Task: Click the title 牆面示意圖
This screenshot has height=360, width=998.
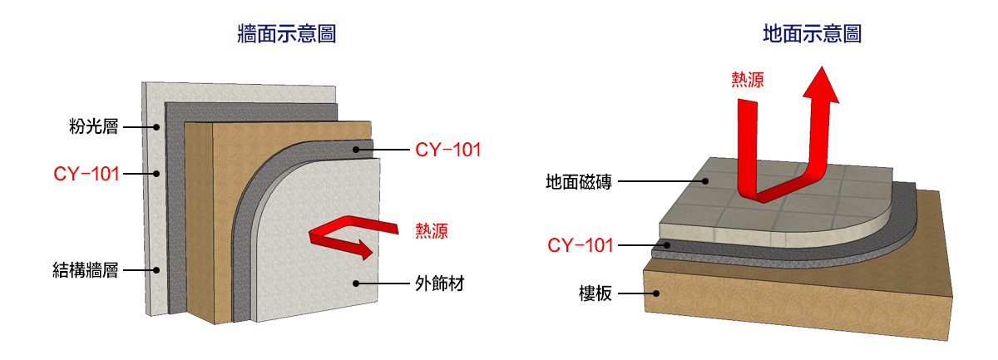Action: point(286,35)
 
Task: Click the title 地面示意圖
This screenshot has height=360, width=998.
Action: point(812,35)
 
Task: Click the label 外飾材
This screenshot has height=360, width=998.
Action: point(438,284)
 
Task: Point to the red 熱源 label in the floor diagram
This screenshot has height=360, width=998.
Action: point(748,80)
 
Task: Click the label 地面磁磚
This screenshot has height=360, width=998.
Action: point(579,181)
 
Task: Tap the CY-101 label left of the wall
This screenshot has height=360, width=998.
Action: point(86,174)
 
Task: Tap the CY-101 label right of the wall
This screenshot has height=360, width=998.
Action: point(448,150)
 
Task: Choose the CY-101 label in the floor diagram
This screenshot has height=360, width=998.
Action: point(581,245)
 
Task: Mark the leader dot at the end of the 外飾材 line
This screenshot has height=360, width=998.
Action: point(355,284)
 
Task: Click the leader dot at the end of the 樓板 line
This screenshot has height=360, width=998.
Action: point(657,293)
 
